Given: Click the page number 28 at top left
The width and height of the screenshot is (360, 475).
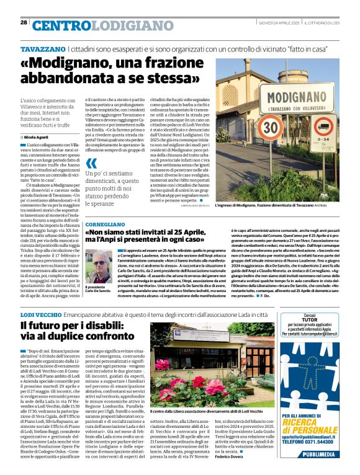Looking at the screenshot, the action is click(24, 23).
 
